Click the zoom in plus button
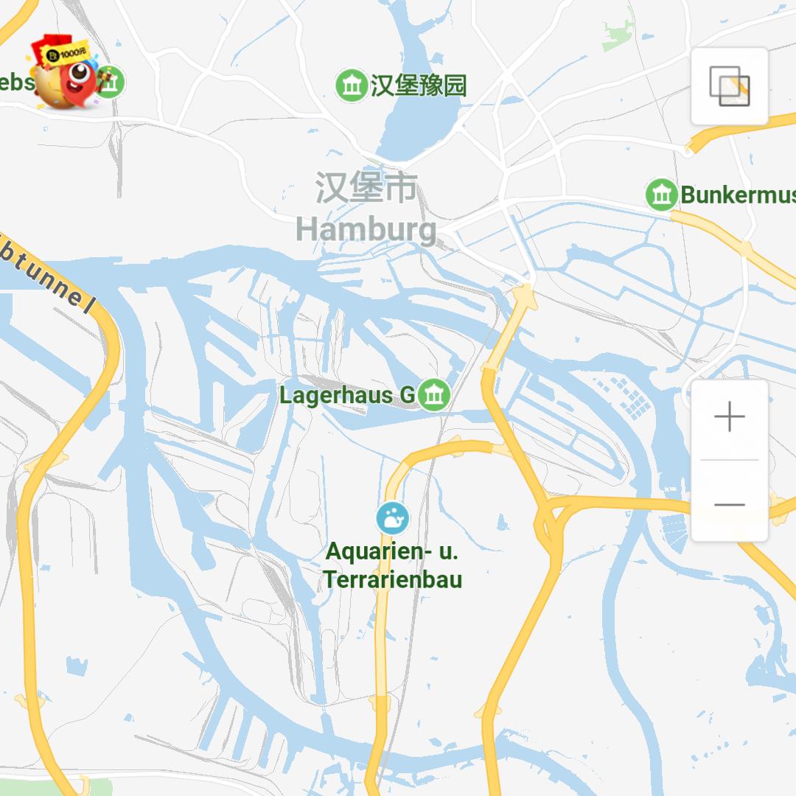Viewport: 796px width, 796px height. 730,417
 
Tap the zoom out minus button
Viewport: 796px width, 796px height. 730,505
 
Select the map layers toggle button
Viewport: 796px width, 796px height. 730,86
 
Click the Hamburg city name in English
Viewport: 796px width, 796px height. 366,229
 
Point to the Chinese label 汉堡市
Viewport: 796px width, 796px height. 367,188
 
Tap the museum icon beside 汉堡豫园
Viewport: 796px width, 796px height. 352,85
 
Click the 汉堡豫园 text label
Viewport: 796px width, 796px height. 418,85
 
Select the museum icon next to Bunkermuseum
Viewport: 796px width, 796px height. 661,195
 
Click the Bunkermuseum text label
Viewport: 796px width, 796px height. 737,195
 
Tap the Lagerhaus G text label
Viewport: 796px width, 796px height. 347,395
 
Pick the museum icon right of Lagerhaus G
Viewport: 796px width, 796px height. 434,395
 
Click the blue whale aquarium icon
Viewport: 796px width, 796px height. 392,518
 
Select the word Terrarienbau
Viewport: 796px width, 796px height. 393,579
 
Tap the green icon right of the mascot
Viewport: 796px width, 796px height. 111,82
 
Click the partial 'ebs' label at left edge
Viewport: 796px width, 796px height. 16,81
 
